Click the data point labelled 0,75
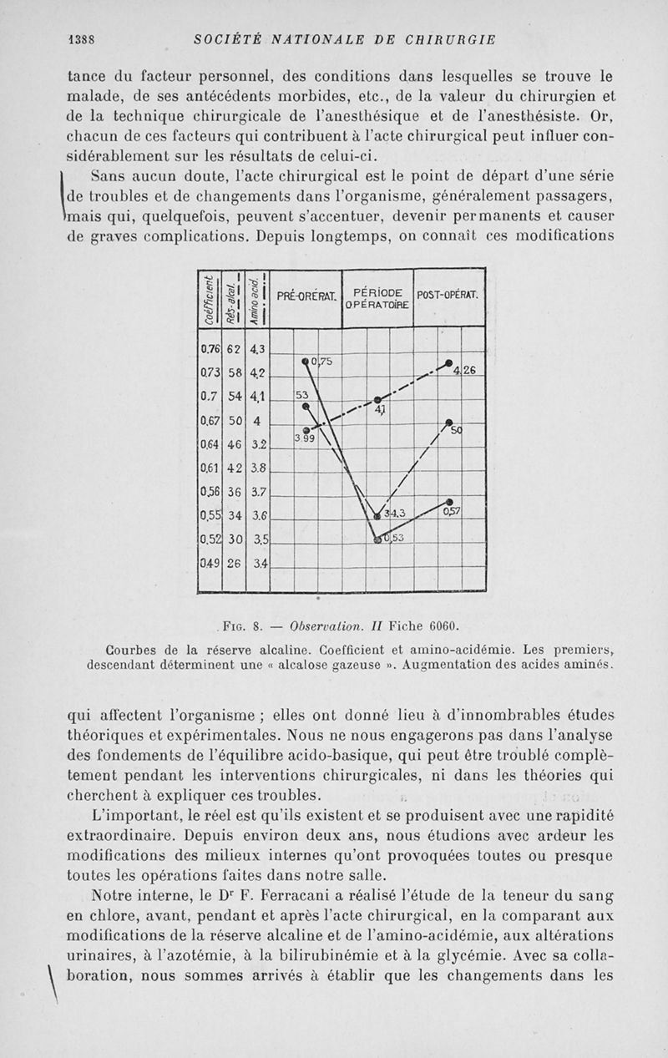[x=306, y=362]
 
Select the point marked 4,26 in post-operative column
[x=448, y=364]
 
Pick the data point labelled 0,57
[x=449, y=501]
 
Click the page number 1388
[x=86, y=38]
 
